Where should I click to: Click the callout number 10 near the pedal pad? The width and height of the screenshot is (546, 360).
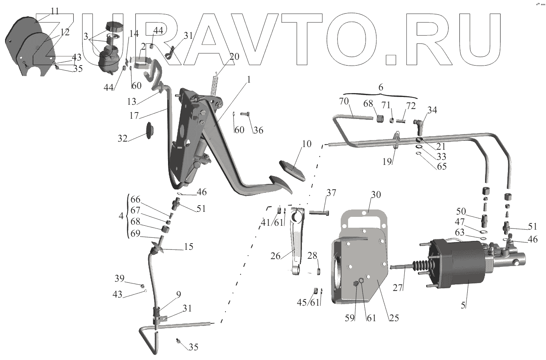pos(306,144)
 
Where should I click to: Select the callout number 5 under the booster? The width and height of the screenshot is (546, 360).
pos(463,305)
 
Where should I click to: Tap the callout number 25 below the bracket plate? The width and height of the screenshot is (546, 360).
pos(394,318)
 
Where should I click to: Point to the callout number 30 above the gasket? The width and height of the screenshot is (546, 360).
pos(366,194)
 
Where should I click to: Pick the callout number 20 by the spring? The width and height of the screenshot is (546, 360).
pos(234,56)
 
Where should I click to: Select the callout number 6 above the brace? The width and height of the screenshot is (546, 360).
pos(381,87)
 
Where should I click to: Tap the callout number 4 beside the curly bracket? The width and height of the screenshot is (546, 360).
pos(121,216)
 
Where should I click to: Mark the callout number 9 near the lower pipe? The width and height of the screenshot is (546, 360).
pos(178,294)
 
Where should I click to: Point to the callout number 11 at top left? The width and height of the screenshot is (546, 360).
pos(55,11)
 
